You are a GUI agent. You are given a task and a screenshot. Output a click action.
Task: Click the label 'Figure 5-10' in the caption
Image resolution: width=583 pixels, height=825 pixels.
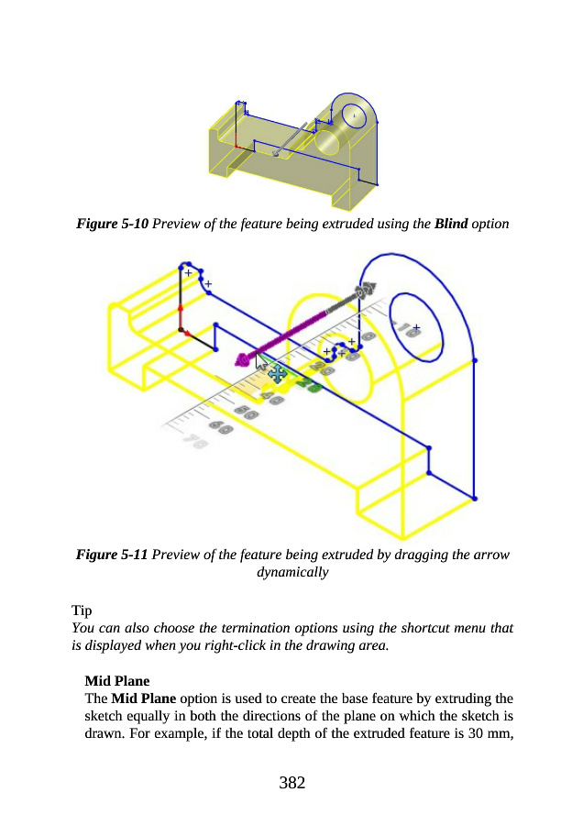(112, 224)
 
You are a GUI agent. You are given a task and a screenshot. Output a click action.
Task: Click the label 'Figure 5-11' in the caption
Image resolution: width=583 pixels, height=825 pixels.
(112, 555)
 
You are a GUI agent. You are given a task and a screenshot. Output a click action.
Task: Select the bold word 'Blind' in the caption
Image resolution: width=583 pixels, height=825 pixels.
(453, 224)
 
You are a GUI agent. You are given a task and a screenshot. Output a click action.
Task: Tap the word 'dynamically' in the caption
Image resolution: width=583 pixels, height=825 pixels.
(291, 572)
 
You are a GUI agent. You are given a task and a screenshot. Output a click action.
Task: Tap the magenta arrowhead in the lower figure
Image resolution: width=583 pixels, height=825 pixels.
(243, 359)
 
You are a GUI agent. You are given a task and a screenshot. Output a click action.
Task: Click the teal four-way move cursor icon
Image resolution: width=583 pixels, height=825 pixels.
(276, 373)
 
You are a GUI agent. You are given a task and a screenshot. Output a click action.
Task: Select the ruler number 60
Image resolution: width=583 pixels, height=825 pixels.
(221, 426)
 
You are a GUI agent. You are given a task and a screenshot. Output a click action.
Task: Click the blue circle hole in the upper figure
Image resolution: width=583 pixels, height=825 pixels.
(355, 115)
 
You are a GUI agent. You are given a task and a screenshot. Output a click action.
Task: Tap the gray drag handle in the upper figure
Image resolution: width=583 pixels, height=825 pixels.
(276, 153)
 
